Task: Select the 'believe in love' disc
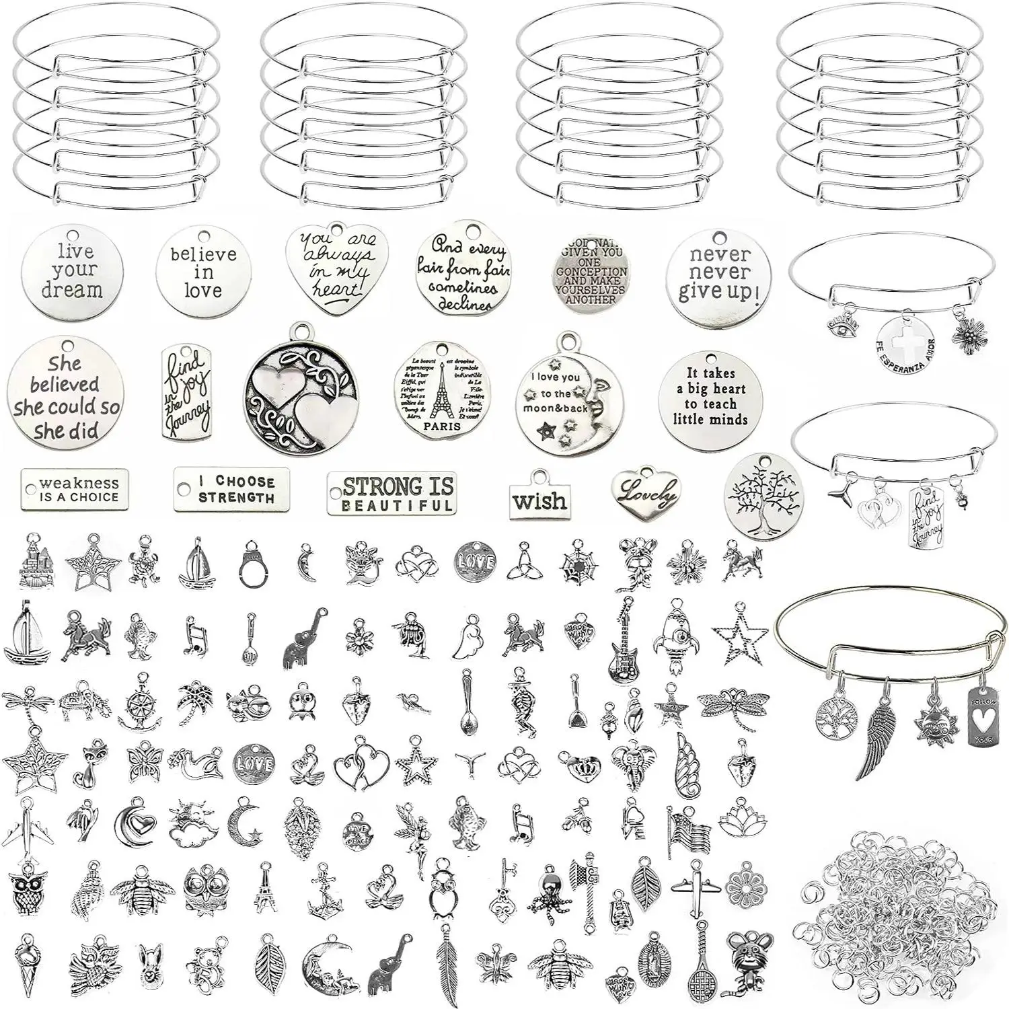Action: tap(203, 272)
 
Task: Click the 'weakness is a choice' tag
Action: tap(75, 490)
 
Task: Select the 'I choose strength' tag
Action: tap(231, 489)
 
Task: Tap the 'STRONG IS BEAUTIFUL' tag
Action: tap(391, 494)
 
